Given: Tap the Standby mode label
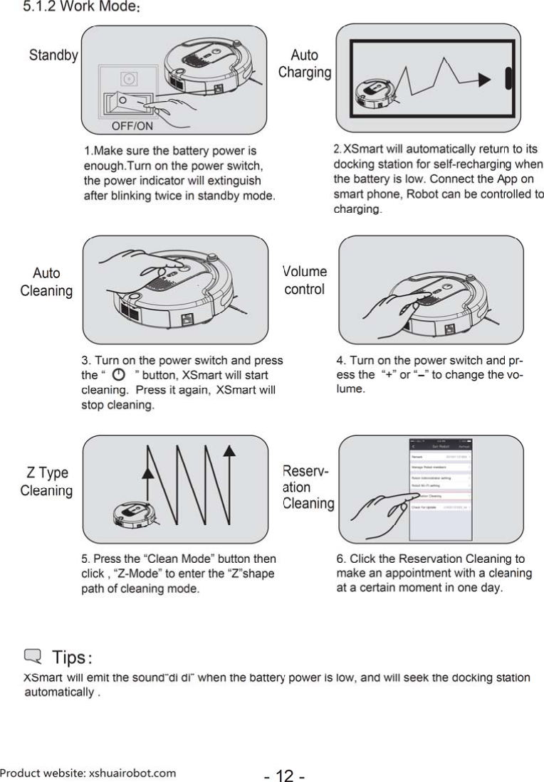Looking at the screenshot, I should (53, 56).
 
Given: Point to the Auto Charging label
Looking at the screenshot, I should (305, 64).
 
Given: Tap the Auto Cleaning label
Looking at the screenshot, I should (46, 282).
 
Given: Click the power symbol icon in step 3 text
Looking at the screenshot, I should (119, 374).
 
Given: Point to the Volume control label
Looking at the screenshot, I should (305, 281).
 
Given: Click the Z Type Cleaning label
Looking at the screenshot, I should (46, 482).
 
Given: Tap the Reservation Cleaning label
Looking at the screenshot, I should (308, 487).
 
